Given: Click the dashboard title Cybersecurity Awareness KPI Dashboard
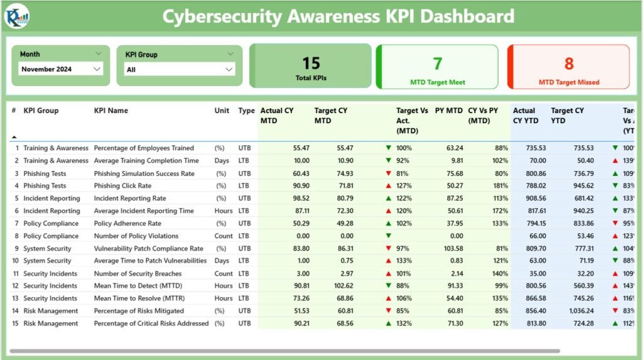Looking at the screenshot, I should (x=338, y=16).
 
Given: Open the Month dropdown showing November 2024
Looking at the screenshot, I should (x=60, y=69).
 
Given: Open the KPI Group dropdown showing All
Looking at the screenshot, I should (x=180, y=70).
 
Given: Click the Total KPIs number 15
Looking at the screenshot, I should (x=311, y=63).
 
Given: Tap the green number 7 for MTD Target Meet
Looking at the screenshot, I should (x=437, y=63).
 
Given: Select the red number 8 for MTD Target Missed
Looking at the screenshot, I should (x=568, y=63).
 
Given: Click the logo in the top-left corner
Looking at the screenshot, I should (x=16, y=16).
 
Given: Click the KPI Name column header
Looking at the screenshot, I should (x=111, y=111).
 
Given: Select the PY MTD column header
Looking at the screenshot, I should (x=449, y=111).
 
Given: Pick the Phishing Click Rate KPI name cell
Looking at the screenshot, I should (x=127, y=186).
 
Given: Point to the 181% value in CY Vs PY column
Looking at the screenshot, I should (x=500, y=186).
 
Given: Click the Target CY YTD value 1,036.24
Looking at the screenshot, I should (x=578, y=311).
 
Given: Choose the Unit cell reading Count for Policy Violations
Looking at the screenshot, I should (x=223, y=236).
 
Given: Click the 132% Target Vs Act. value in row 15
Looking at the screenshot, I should (x=404, y=324).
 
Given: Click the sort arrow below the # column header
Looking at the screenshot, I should (x=14, y=136).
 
